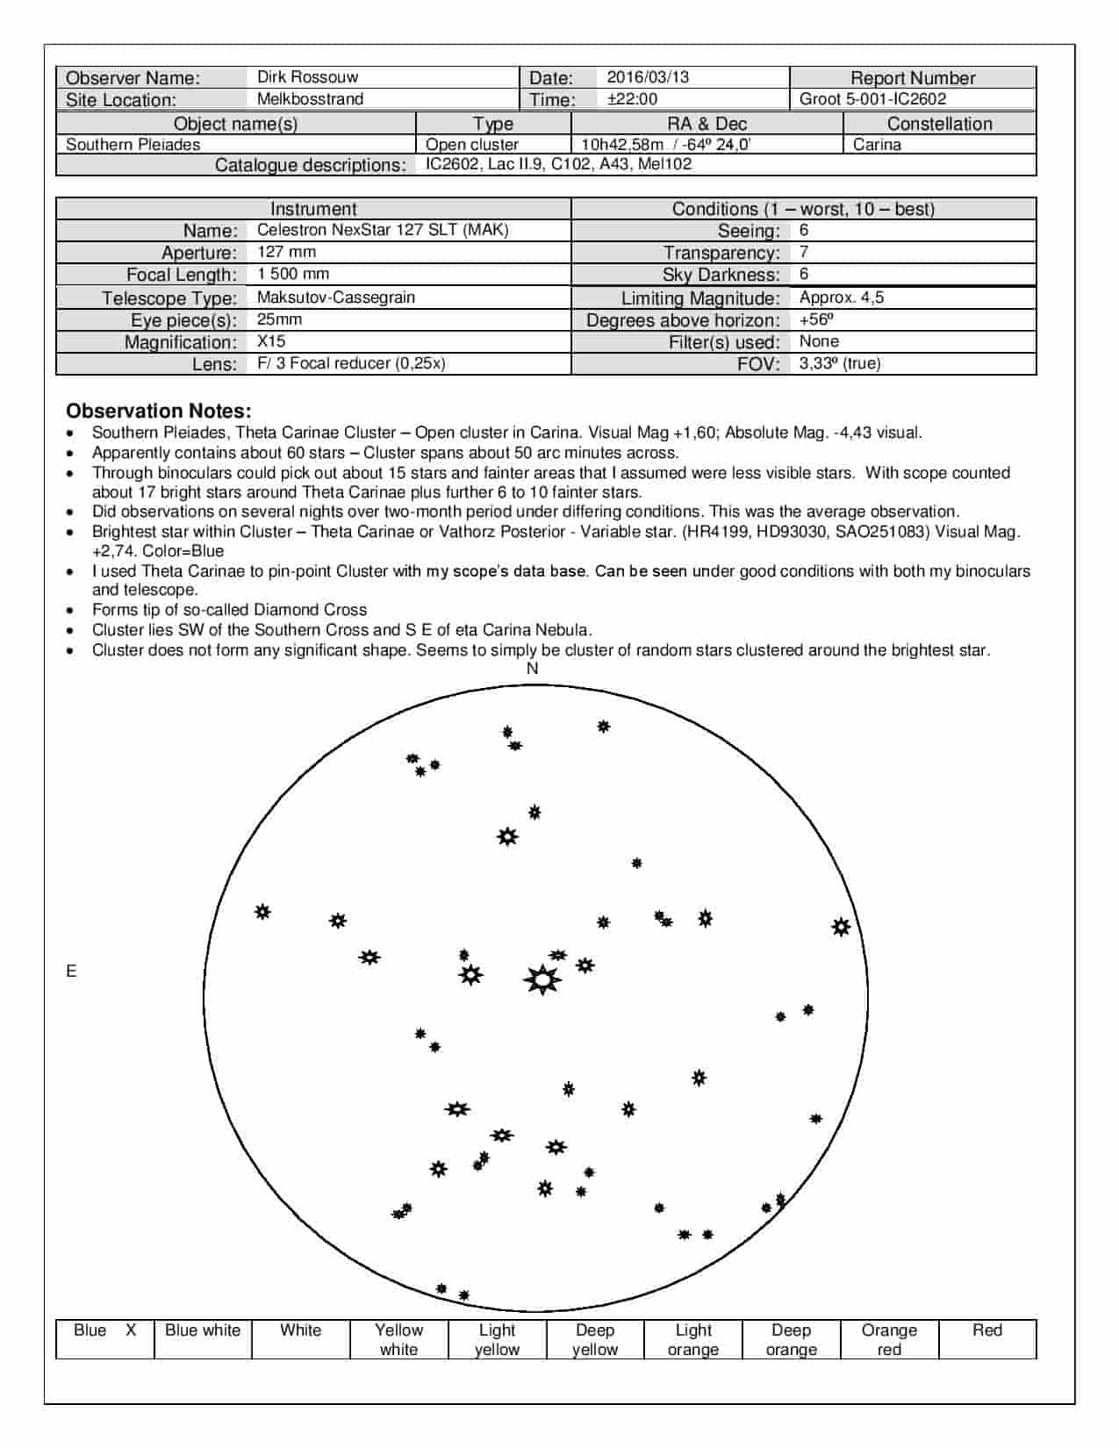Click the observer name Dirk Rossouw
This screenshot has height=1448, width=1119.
307,77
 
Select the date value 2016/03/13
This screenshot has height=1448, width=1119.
648,77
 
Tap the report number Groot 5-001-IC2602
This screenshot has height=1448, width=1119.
872,99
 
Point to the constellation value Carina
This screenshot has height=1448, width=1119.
877,145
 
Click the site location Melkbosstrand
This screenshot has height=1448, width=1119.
310,99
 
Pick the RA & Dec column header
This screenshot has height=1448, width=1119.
707,124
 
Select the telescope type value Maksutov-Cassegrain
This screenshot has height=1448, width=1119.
335,297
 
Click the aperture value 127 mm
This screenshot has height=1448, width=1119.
286,252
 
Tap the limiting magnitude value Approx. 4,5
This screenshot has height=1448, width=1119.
841,297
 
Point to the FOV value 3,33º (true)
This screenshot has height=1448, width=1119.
840,363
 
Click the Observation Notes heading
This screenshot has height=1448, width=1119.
159,411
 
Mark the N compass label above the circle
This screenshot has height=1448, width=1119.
532,669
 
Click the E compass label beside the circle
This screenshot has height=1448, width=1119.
71,971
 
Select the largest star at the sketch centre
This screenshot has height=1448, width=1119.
542,978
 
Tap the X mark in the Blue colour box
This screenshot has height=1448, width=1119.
131,1330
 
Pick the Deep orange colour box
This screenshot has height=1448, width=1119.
791,1339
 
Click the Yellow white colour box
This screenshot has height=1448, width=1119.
398,1339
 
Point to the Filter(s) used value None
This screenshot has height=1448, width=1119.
819,341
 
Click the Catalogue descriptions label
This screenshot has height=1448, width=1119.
310,165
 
